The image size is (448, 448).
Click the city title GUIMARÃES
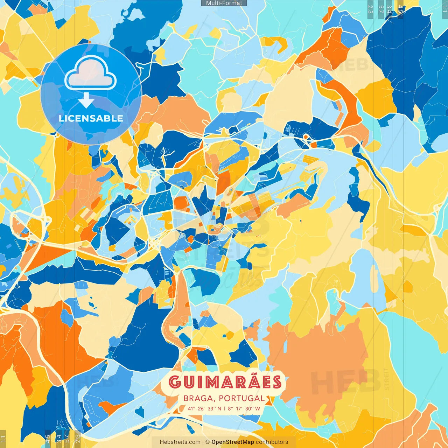pos(225,382)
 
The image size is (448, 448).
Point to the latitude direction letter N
pos(219,408)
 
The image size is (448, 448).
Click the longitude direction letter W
pos(257,408)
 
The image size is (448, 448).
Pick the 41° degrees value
pos(191,408)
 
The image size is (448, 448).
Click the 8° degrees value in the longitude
pos(231,408)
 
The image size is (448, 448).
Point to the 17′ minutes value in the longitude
pos(239,408)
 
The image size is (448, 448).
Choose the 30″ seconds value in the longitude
pos(249,408)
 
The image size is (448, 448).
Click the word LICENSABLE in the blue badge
pos(91,118)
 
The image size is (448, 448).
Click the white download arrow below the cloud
pos(86,100)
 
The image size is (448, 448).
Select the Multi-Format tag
pos(224,3)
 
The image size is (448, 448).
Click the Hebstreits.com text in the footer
pos(180,442)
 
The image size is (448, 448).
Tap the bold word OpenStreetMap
pos(233,442)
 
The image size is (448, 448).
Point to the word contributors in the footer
pos(272,442)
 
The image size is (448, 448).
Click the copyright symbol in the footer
pos(207,442)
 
